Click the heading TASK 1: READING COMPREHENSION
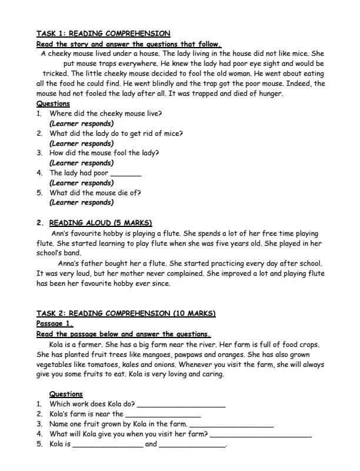[103, 34]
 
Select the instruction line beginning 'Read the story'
[128, 44]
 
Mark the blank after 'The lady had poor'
[125, 173]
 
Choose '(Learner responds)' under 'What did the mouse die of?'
[82, 203]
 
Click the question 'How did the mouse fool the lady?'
[104, 153]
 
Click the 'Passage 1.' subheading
[55, 323]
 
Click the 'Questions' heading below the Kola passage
[66, 394]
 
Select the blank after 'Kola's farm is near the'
[163, 415]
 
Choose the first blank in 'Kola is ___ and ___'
[107, 445]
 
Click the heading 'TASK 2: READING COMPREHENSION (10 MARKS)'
[126, 313]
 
